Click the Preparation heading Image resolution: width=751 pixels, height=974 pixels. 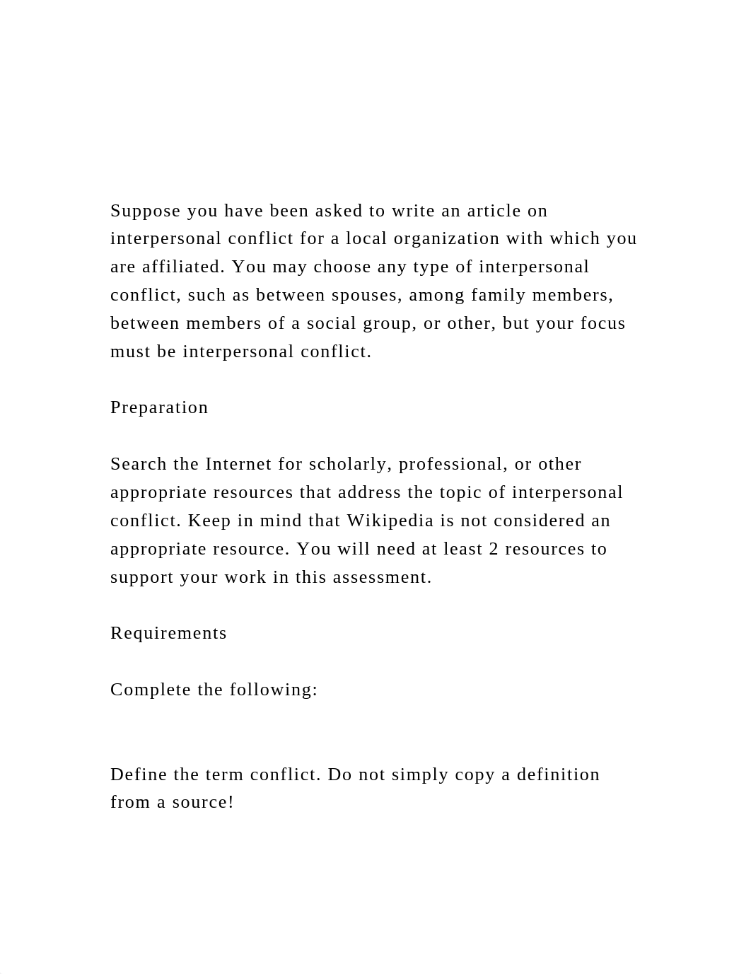(x=159, y=407)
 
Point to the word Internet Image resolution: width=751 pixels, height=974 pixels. (x=238, y=464)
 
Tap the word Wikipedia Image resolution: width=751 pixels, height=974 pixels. (x=390, y=521)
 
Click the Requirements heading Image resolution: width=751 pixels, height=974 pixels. (x=168, y=633)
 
